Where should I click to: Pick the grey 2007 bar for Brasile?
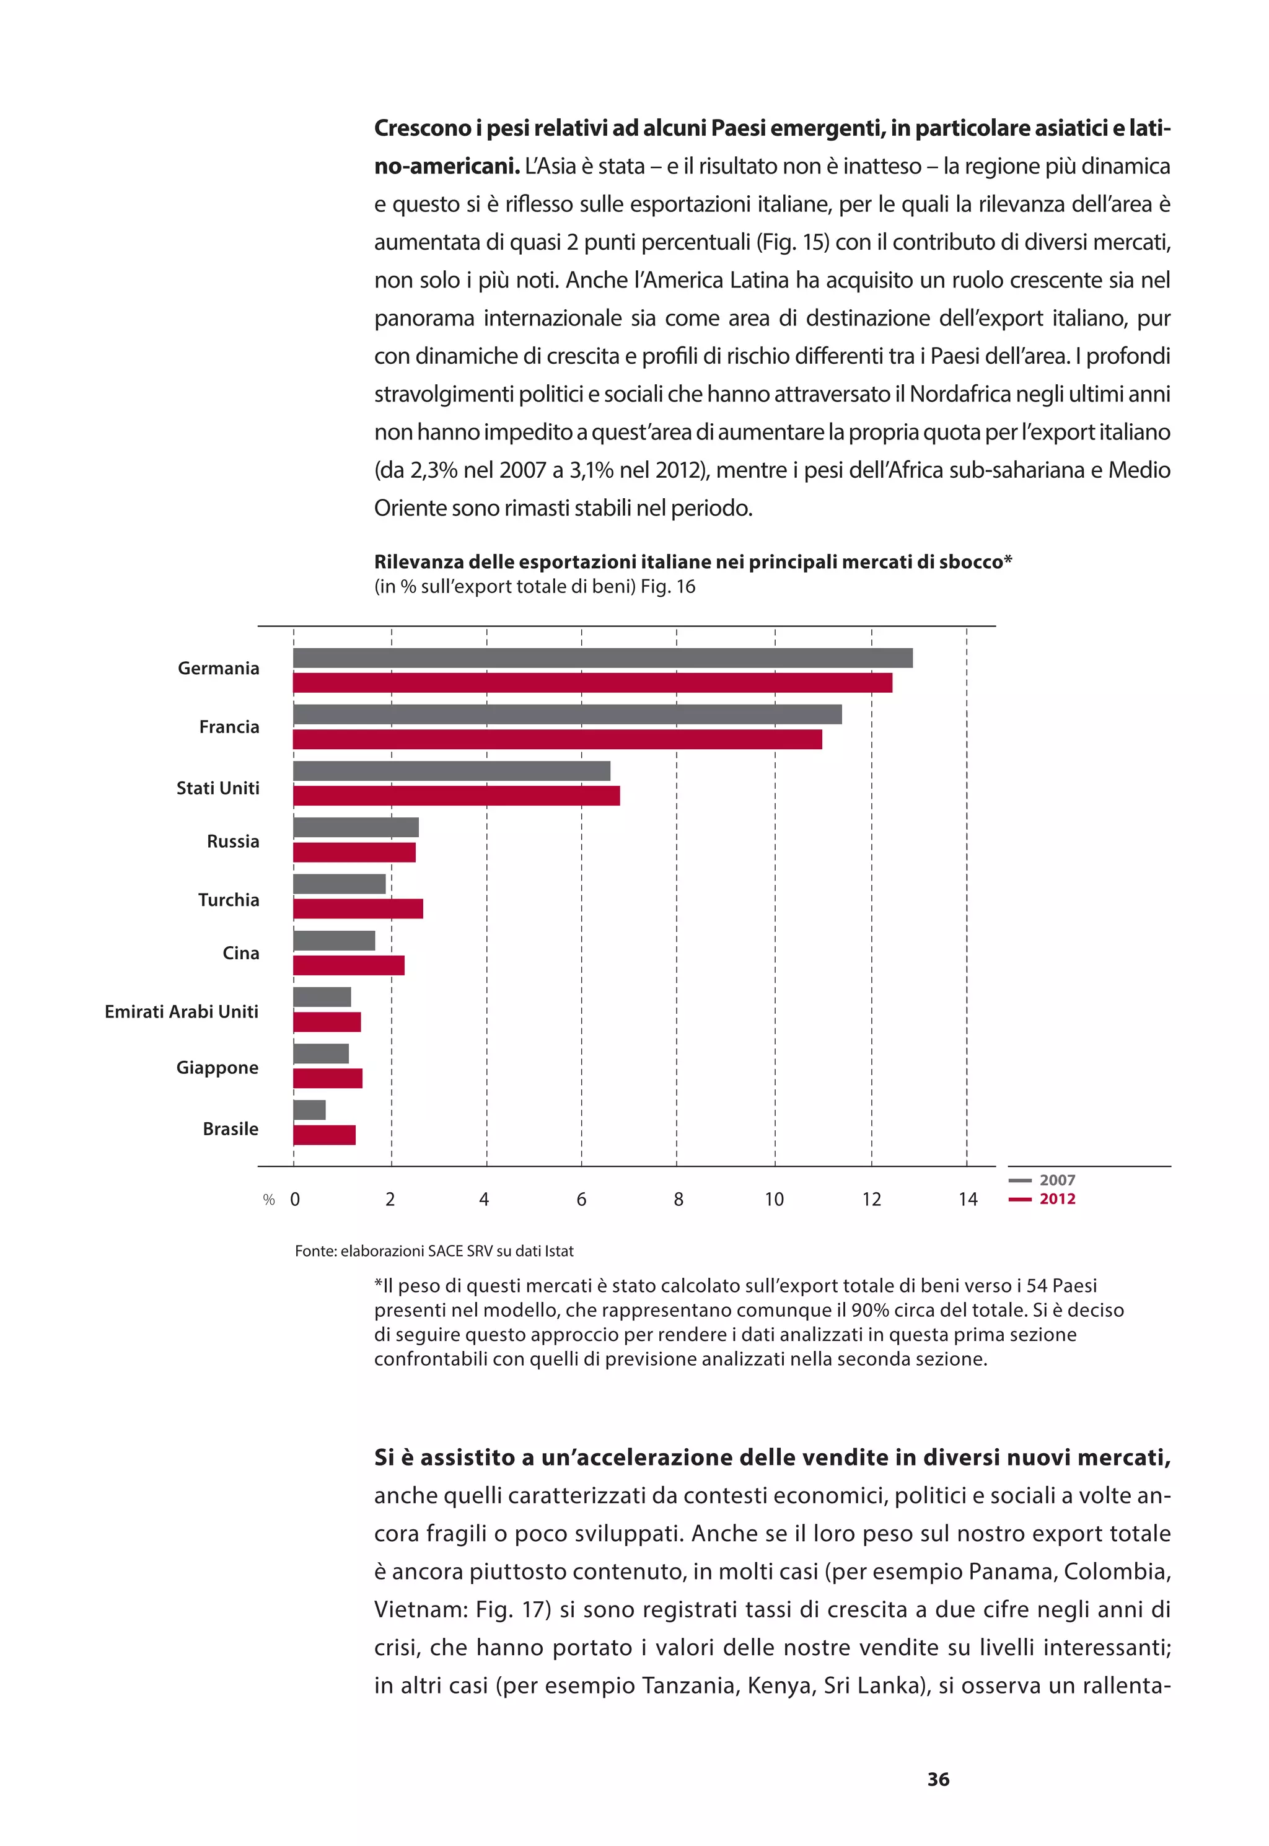pyautogui.click(x=309, y=1110)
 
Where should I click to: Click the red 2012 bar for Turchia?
pyautogui.click(x=358, y=908)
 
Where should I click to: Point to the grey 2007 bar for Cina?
pyautogui.click(x=334, y=941)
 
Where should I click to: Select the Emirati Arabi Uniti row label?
pyautogui.click(x=182, y=1011)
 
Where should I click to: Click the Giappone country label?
pyautogui.click(x=217, y=1068)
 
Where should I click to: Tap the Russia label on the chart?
pyautogui.click(x=233, y=841)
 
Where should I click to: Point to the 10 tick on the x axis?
pyautogui.click(x=774, y=1200)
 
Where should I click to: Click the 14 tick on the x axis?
pyautogui.click(x=967, y=1200)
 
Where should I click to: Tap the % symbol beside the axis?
pyautogui.click(x=269, y=1200)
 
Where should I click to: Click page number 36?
pyautogui.click(x=938, y=1779)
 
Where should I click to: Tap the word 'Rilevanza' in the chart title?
pyautogui.click(x=418, y=562)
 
